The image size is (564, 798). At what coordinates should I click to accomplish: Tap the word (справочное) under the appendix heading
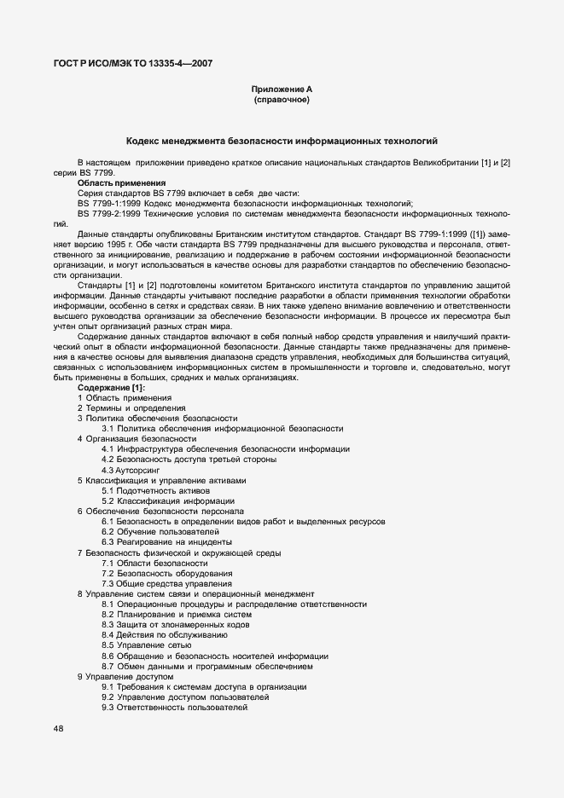(282, 101)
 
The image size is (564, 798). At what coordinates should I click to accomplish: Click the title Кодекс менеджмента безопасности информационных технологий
(282, 140)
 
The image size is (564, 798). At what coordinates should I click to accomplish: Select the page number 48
(58, 729)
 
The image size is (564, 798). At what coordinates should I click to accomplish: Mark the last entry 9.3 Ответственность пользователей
(174, 708)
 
